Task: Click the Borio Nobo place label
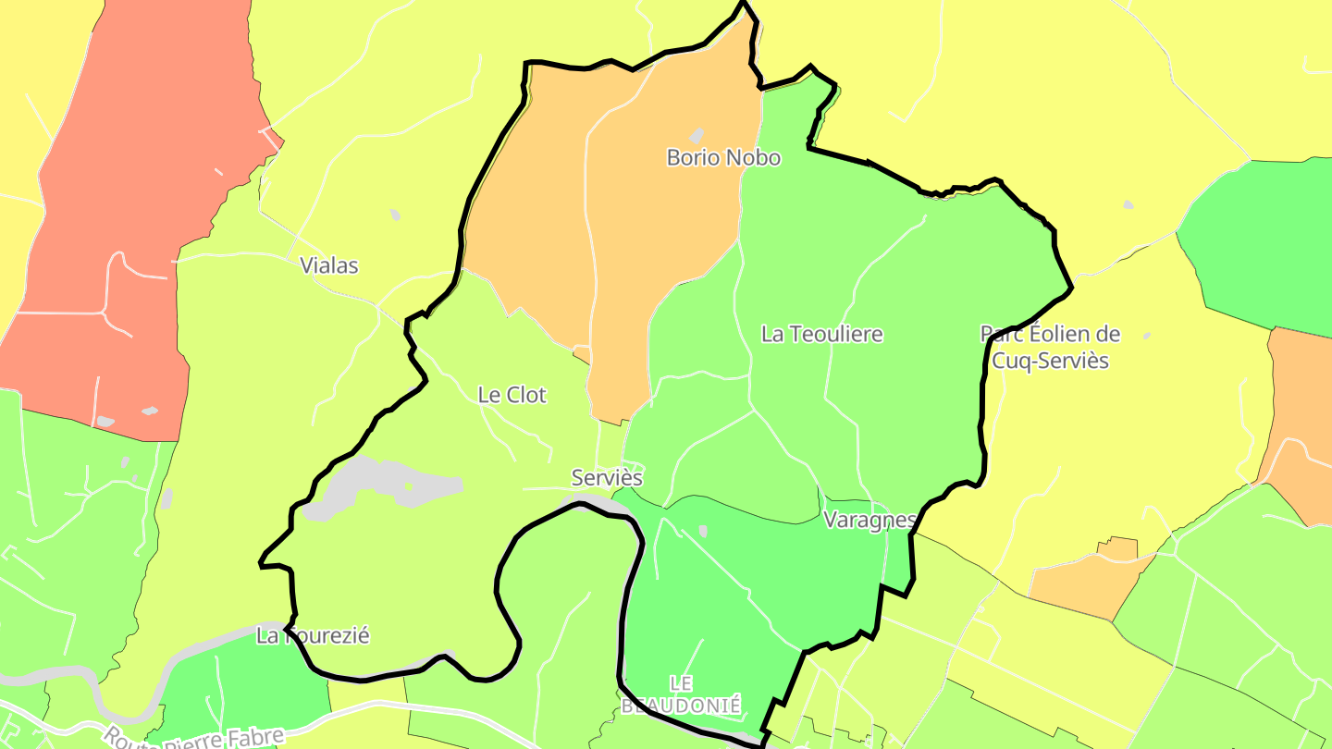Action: [x=723, y=158]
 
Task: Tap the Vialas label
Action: [x=328, y=266]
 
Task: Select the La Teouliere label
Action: [x=821, y=335]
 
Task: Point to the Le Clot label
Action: [x=512, y=396]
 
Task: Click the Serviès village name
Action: [x=607, y=478]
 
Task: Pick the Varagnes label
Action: [x=869, y=520]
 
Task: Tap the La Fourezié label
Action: [x=313, y=636]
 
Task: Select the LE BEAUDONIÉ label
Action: [x=681, y=694]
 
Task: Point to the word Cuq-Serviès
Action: [x=1050, y=361]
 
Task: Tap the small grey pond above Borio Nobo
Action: [x=697, y=136]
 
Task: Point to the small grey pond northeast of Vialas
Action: [x=395, y=215]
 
